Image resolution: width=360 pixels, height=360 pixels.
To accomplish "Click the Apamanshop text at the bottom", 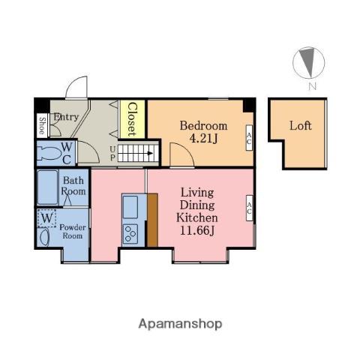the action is (180, 324).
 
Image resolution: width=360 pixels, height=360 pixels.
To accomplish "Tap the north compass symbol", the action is (309, 62).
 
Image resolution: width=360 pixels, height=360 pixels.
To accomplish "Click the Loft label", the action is (301, 126).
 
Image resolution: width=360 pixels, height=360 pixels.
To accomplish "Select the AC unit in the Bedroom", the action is (249, 138).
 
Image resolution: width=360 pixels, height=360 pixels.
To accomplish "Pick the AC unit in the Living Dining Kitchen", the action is (249, 208).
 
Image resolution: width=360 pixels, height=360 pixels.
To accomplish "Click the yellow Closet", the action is (133, 119).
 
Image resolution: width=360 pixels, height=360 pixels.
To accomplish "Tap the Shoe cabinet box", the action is (42, 126).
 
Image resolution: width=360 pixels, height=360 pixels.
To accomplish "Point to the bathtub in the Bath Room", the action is (48, 187).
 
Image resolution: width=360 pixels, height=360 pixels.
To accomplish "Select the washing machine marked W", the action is (46, 218).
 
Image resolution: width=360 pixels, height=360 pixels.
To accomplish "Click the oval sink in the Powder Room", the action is (45, 237).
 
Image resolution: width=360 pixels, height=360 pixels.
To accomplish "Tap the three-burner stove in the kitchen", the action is (130, 234).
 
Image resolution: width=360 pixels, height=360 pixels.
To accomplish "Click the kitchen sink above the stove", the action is (130, 207).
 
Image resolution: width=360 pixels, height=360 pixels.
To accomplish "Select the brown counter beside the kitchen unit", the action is (152, 220).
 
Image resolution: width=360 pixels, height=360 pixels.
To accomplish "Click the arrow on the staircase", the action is (150, 153).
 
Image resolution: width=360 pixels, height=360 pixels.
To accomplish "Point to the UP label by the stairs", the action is (113, 154).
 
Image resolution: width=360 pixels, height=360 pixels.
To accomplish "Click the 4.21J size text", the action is (203, 139).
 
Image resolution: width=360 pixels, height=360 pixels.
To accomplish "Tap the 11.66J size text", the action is (197, 231).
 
